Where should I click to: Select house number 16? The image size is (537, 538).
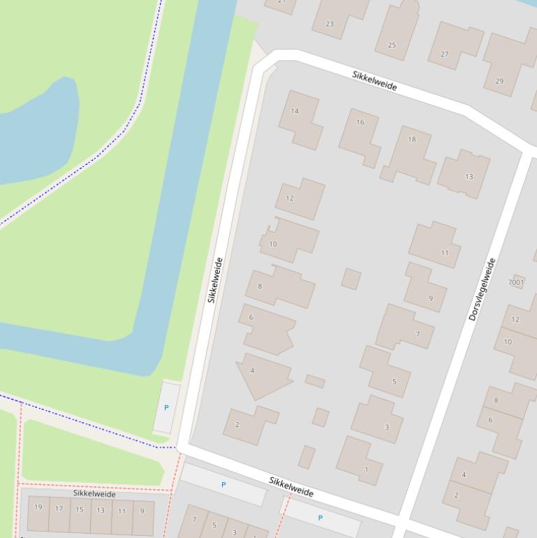point(360,135)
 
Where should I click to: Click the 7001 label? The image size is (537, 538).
point(516,282)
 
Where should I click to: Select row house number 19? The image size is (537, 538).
point(38,514)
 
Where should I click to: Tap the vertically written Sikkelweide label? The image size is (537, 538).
point(215,280)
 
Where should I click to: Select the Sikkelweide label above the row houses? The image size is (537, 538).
point(94,494)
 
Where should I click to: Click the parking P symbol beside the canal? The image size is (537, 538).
point(166,407)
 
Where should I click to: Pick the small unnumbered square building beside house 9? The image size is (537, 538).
point(351,279)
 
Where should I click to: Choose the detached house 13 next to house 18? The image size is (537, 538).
point(464,173)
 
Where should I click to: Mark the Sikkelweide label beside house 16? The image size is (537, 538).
point(374,80)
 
